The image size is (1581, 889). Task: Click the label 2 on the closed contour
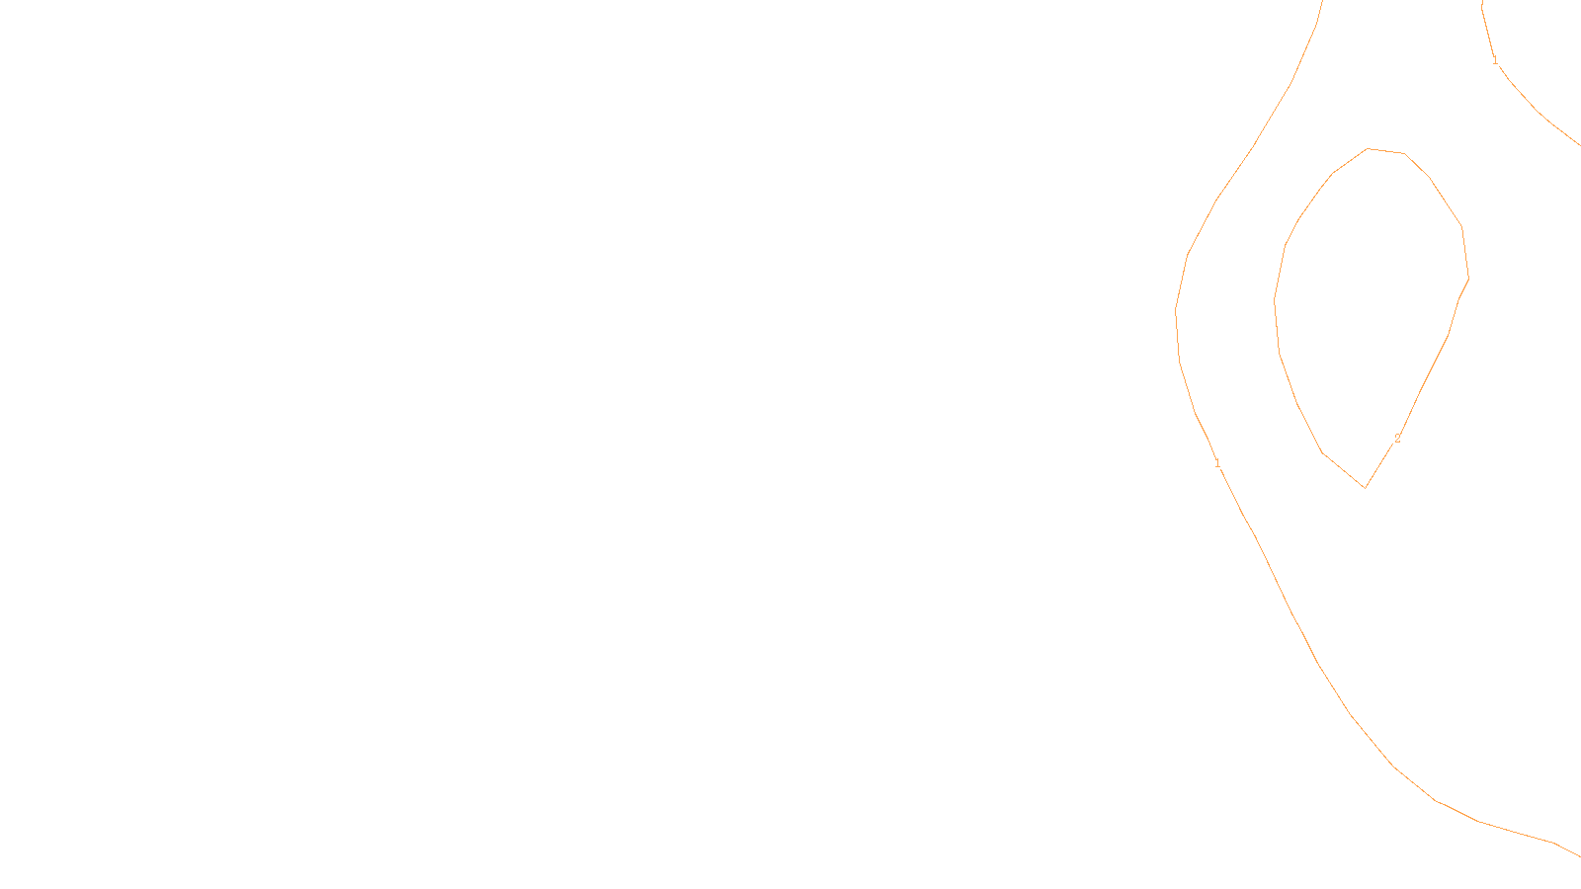coord(1397,439)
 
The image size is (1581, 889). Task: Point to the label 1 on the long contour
coord(1217,463)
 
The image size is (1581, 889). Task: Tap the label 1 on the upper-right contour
coord(1495,60)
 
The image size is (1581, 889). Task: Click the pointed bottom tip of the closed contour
coord(1365,487)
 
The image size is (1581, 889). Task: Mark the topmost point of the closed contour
coord(1369,149)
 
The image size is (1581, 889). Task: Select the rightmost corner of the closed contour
coord(1468,279)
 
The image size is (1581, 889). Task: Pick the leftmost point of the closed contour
coord(1275,301)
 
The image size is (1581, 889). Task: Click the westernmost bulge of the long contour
coord(1175,311)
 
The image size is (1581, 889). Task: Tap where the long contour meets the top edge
coord(1322,2)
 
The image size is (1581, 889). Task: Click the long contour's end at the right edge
coord(1579,855)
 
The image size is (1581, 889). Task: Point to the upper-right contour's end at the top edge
coord(1481,2)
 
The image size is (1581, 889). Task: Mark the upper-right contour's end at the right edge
coord(1579,145)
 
